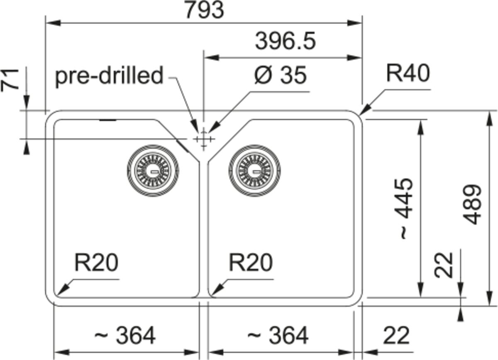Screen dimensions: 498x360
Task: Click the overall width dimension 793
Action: [x=205, y=10]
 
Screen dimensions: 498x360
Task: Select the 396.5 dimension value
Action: [x=286, y=41]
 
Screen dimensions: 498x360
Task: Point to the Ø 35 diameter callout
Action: [x=281, y=75]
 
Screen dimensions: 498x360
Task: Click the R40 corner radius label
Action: [x=408, y=73]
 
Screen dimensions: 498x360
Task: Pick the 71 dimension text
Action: [x=10, y=80]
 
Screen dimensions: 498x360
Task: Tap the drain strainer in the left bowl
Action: [x=153, y=171]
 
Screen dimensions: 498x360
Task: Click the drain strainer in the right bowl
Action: [x=254, y=171]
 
